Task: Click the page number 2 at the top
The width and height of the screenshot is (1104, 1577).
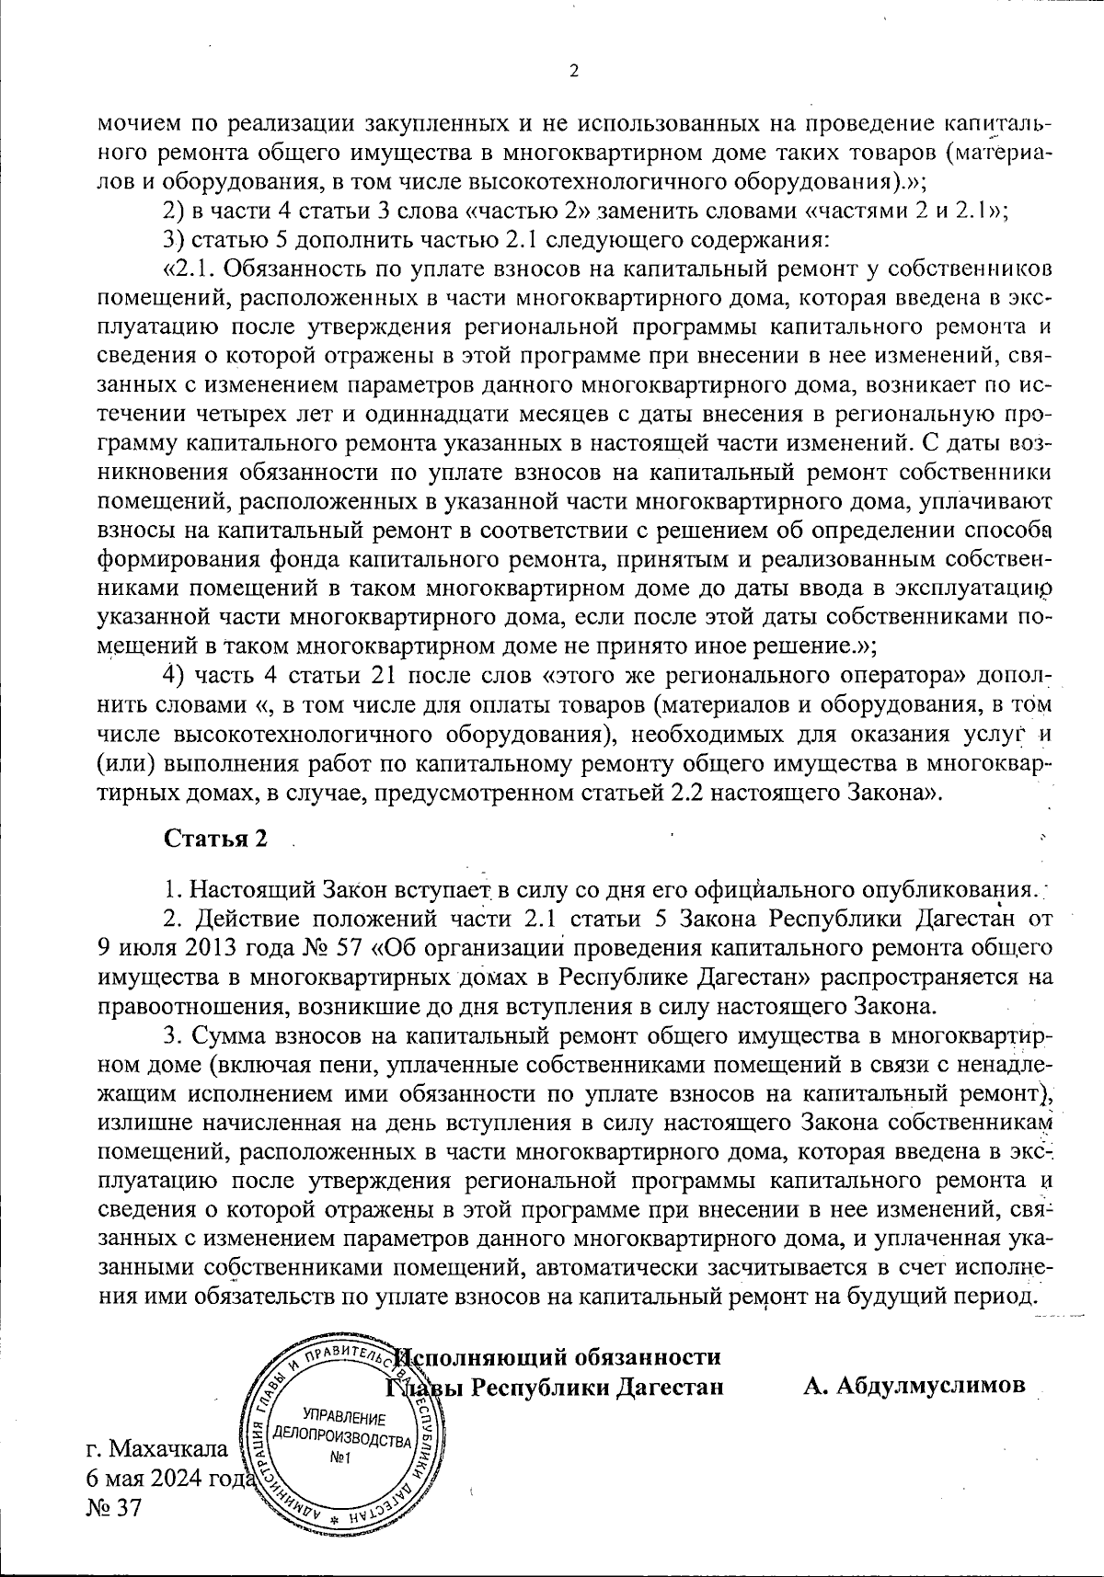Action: (x=574, y=72)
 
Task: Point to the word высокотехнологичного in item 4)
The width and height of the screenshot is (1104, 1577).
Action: (x=301, y=736)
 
